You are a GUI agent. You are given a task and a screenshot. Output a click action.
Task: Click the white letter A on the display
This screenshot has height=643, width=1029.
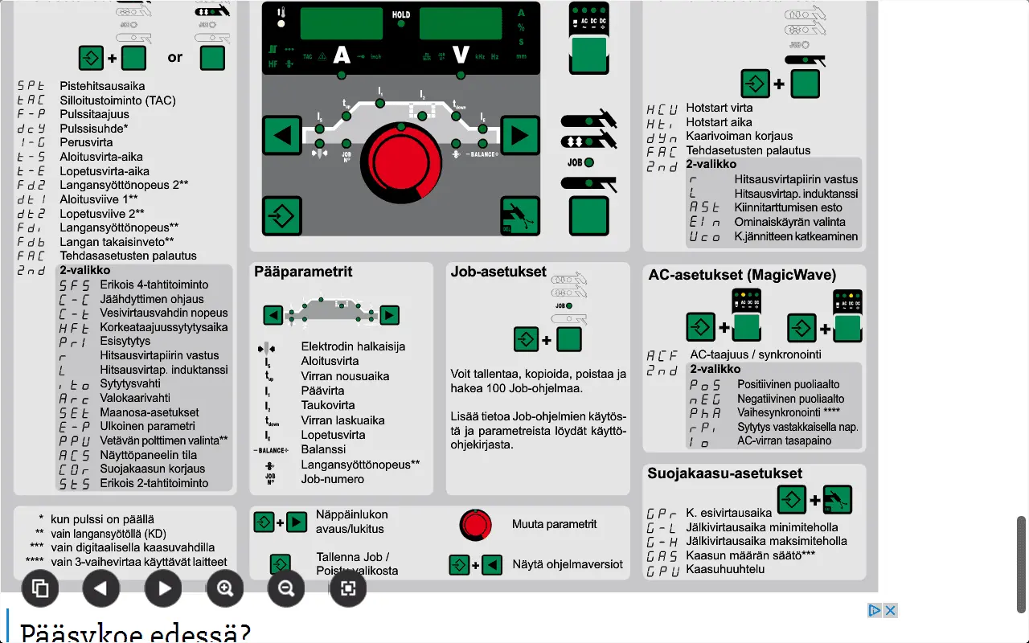(342, 55)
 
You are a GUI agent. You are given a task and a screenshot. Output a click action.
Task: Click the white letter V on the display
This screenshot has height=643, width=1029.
(461, 55)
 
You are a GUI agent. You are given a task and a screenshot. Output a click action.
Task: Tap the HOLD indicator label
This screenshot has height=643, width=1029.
(401, 14)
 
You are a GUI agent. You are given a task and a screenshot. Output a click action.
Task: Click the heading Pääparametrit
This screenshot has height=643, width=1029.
(303, 272)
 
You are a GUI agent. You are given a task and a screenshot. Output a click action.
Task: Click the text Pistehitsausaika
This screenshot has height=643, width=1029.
(102, 86)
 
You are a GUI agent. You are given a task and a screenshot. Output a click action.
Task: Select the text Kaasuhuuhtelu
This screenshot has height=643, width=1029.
(725, 569)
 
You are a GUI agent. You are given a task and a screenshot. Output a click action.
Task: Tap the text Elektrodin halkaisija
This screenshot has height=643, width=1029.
(353, 346)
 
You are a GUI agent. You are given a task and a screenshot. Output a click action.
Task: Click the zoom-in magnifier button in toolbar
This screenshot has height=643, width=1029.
(225, 588)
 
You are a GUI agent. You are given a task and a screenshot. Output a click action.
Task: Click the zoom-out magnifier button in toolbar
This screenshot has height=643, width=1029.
(286, 588)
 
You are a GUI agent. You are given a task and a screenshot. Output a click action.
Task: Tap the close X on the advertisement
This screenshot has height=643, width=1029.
(890, 610)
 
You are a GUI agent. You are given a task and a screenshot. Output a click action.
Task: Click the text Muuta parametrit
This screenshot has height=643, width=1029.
(554, 524)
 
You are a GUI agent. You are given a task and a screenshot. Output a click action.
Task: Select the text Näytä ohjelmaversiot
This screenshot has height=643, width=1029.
(568, 564)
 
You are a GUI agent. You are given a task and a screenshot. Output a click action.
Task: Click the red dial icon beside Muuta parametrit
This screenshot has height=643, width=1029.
(475, 525)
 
